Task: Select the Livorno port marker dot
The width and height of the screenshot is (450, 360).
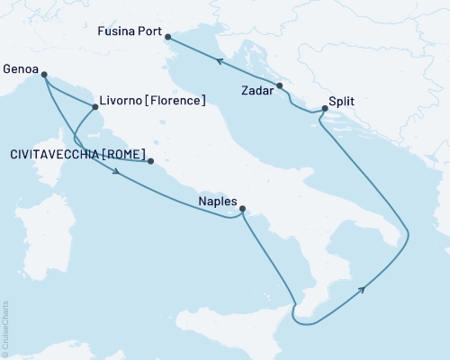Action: tap(95, 107)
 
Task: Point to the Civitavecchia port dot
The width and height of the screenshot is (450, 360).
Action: tap(150, 162)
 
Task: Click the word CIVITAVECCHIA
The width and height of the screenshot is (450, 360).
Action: tap(55, 155)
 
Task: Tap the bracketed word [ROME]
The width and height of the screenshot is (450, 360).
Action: tap(124, 155)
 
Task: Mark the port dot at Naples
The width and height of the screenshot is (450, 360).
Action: tap(242, 211)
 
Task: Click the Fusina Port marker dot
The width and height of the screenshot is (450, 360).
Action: tap(168, 37)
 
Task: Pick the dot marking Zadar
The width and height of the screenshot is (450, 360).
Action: tap(280, 85)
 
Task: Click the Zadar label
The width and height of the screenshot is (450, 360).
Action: tap(258, 91)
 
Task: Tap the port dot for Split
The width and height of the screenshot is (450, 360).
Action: tap(324, 109)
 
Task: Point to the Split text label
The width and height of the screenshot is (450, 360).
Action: tap(341, 102)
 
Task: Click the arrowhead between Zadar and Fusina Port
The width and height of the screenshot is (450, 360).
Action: tap(219, 59)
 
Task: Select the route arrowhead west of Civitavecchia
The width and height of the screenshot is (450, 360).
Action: tap(118, 175)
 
